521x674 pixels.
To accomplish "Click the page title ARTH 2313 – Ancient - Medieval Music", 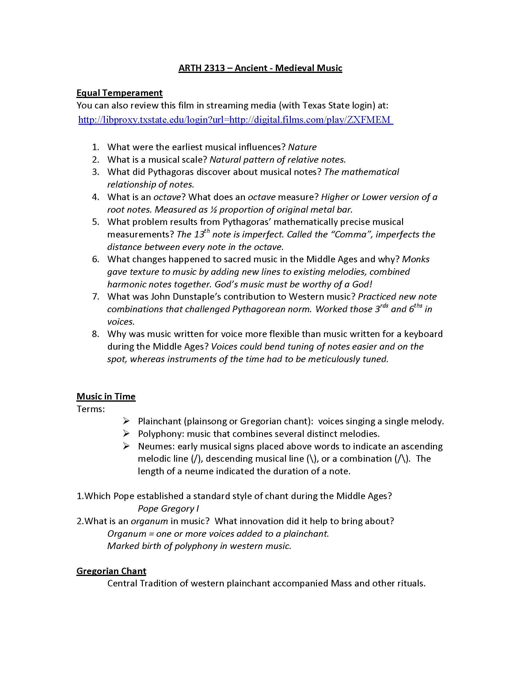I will click(260, 68).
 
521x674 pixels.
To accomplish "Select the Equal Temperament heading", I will click(120, 93).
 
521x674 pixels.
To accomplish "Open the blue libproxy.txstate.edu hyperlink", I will click(235, 119).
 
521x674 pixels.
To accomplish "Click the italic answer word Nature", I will click(302, 147).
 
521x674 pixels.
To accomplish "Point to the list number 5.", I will click(96, 222).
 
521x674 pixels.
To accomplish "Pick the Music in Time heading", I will click(106, 396).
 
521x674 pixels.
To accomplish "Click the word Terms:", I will click(91, 409).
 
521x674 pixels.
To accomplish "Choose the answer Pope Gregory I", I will click(168, 509).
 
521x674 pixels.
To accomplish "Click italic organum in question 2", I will click(149, 521).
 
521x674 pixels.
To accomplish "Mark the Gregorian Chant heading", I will click(111, 571).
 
